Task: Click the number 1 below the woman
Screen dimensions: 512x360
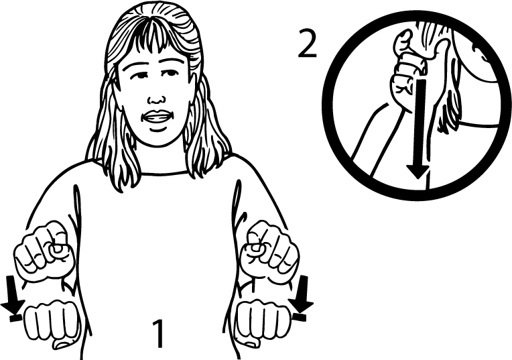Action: [x=159, y=333]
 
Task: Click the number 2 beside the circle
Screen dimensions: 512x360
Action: [x=308, y=44]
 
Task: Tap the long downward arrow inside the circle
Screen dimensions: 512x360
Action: [x=418, y=128]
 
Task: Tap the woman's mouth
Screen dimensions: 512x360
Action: [x=157, y=117]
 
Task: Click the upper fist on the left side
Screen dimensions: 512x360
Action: [x=45, y=251]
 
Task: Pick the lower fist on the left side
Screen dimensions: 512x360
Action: [x=52, y=322]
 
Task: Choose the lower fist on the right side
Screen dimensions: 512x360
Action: [x=263, y=321]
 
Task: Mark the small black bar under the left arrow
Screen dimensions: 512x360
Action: [x=15, y=317]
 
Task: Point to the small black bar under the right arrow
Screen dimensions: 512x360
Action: [x=299, y=316]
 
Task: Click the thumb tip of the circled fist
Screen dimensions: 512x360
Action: [x=405, y=34]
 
